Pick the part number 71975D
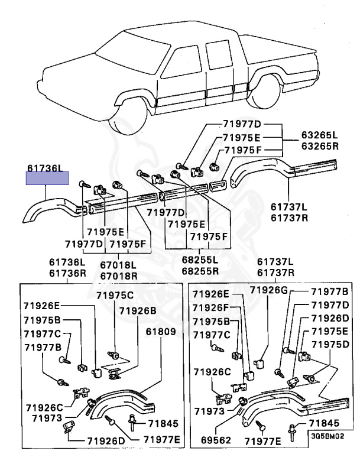[x=330, y=345]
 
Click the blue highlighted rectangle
[x=47, y=178]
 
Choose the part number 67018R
[x=117, y=276]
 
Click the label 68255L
[x=199, y=260]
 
